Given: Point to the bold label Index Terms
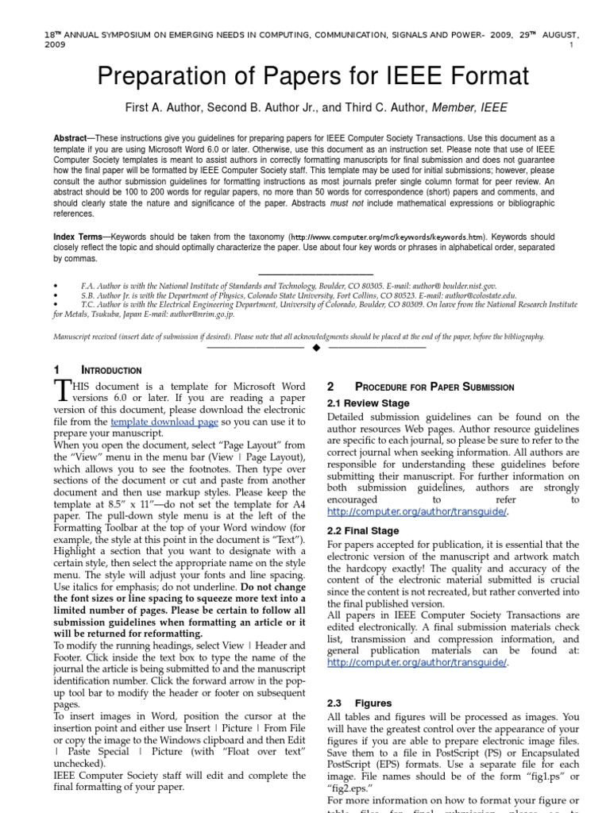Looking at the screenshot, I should [x=78, y=237].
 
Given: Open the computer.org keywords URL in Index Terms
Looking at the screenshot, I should [x=387, y=237].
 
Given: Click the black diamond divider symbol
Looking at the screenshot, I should [x=316, y=348].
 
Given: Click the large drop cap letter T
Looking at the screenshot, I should [x=62, y=390].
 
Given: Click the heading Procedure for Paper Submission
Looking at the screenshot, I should [x=434, y=387].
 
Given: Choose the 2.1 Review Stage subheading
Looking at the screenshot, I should [x=369, y=403].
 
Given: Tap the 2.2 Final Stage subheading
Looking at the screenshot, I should [x=363, y=530].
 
